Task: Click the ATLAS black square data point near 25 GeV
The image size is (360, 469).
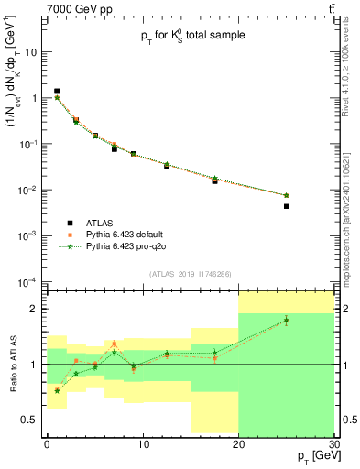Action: [x=287, y=206]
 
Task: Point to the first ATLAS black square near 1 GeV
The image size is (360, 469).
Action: [x=57, y=91]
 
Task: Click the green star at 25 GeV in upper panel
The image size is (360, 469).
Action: [x=287, y=195]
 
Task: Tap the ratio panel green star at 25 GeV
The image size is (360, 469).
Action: [x=287, y=321]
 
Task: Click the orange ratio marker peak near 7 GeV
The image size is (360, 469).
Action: [x=114, y=344]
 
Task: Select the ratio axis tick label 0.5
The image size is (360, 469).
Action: [x=32, y=420]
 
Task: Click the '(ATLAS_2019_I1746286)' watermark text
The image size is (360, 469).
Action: [x=189, y=274]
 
